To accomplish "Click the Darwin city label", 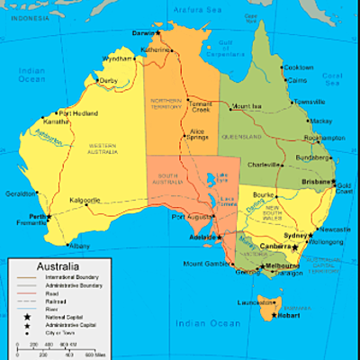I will [144, 32].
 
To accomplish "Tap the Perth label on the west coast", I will [37, 217].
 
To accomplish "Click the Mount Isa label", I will [246, 106].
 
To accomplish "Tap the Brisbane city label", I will [317, 181].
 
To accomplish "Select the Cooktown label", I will [298, 67].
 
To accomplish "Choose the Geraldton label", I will [20, 193].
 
